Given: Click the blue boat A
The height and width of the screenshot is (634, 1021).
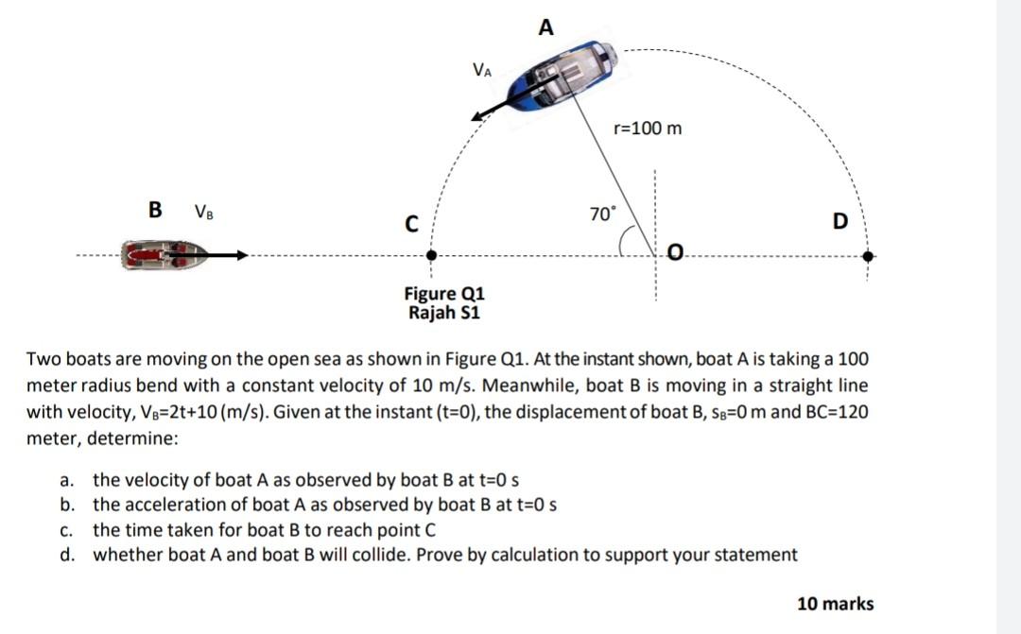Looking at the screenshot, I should [563, 77].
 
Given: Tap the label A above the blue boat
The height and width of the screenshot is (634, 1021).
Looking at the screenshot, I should [545, 27].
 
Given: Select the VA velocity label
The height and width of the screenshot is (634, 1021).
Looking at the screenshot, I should [481, 69].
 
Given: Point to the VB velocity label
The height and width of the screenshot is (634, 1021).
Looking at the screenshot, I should [203, 211].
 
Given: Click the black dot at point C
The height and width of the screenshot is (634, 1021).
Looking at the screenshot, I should [431, 255].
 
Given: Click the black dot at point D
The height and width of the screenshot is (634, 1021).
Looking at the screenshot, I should [868, 255].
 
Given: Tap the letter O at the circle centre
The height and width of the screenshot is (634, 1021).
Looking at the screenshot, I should [674, 251].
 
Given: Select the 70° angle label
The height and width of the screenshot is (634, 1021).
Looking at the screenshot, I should [602, 214].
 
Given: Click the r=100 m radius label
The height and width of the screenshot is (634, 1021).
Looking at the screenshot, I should [648, 128].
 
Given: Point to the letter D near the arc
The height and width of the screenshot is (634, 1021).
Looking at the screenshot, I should [840, 222].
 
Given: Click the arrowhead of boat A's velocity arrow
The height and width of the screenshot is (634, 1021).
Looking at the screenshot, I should [479, 117].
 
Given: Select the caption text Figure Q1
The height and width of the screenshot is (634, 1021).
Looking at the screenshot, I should [443, 294].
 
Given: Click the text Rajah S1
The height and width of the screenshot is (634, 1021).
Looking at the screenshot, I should [443, 312].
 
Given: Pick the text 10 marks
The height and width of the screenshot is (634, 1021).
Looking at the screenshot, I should [835, 603].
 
